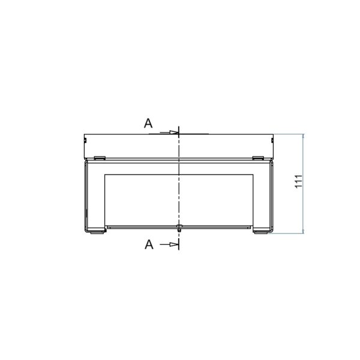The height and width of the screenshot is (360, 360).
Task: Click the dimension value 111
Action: point(299,181)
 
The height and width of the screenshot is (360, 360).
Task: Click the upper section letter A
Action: point(148,123)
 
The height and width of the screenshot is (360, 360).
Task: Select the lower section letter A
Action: point(149,245)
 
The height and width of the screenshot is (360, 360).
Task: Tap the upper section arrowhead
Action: point(174,132)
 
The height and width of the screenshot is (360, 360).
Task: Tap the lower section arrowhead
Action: point(174,244)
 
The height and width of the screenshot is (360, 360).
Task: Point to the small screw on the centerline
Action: point(179,228)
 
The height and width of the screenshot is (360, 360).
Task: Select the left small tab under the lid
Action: point(100,158)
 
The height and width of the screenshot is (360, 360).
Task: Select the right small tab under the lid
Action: point(258,158)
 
